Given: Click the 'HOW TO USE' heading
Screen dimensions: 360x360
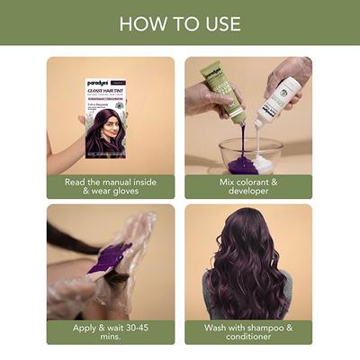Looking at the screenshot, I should (x=180, y=22).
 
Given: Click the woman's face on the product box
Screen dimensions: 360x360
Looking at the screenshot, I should (x=110, y=116).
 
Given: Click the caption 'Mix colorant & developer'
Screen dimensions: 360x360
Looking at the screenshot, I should (x=248, y=186).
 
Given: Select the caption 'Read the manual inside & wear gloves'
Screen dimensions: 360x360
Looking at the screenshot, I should (x=111, y=186).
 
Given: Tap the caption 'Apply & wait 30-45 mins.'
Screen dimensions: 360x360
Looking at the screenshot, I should (x=111, y=332).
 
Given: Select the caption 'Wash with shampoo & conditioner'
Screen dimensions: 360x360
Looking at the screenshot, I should (x=248, y=332).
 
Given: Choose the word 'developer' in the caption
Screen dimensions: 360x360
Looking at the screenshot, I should (x=248, y=192).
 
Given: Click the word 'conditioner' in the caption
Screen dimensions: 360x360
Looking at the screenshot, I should (x=248, y=337).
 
